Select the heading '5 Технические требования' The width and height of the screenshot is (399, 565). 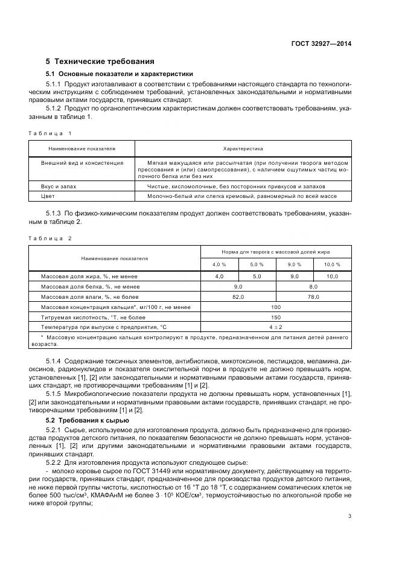pos(100,62)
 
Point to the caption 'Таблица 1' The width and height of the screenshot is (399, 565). pos(50,133)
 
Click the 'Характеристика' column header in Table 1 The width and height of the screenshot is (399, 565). pos(243,148)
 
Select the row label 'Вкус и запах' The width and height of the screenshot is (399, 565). pos(59,187)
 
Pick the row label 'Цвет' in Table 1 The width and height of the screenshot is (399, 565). pos(48,196)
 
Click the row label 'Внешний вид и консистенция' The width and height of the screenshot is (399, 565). pos(82,163)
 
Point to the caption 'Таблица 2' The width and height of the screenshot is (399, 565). pos(50,238)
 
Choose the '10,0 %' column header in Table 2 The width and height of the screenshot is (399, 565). pos(332,264)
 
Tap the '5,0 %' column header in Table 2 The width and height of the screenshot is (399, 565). pos(257,264)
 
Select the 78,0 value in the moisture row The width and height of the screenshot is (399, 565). pos(313,297)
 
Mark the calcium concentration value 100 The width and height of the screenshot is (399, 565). pos(276,307)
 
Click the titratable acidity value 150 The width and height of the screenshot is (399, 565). pos(276,317)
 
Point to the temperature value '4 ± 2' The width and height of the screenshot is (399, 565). pos(276,327)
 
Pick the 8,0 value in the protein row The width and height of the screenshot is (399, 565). pos(313,287)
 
